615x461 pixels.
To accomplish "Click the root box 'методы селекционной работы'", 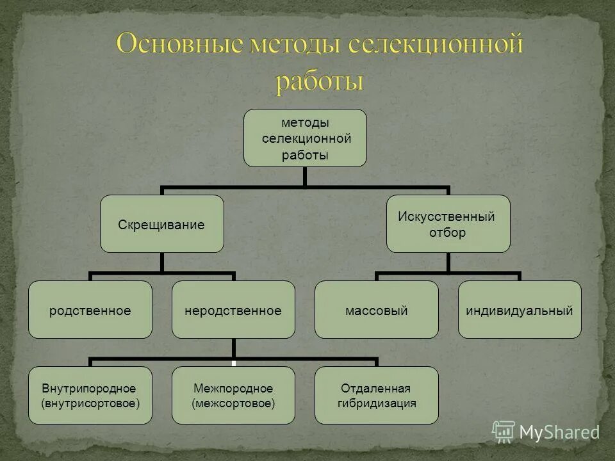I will coord(305,138).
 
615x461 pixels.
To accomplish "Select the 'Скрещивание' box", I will coord(161,224).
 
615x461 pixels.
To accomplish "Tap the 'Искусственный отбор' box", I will coord(448,224).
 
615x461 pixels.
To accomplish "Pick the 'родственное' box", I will coord(90,310).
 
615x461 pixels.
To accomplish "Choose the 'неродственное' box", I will coord(233,310).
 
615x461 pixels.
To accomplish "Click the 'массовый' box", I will coord(377,310).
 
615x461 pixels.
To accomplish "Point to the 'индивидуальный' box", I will coord(520,310).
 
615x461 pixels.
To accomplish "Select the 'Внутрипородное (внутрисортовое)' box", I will coord(90,395).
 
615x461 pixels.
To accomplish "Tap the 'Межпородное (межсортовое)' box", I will coord(233,395).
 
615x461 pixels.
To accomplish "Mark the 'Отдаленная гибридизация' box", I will coord(377,395).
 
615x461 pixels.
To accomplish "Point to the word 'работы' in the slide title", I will coord(320,82).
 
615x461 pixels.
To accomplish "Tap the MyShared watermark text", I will coord(559,432).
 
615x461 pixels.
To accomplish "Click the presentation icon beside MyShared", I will coord(504,431).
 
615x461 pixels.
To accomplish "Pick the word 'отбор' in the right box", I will coord(448,232).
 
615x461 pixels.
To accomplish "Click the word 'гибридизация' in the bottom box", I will coord(377,403).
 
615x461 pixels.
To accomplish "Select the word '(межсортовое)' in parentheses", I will coord(233,403).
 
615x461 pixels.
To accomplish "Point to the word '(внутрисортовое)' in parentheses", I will coord(90,403).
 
